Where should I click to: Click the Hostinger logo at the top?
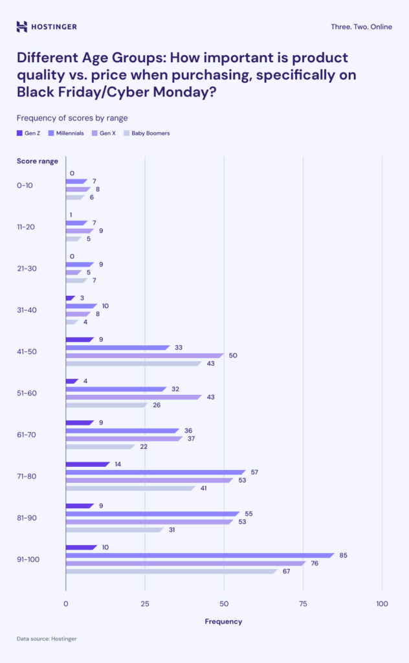pyautogui.click(x=47, y=27)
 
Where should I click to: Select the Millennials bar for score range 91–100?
pyautogui.click(x=199, y=555)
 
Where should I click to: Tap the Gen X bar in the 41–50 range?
pyautogui.click(x=144, y=355)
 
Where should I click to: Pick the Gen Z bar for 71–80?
pyautogui.click(x=87, y=464)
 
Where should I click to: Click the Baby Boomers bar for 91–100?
pyautogui.click(x=171, y=571)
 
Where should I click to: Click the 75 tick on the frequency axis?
pyautogui.click(x=303, y=603)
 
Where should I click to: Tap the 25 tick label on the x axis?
pyautogui.click(x=145, y=603)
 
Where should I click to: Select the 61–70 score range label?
pyautogui.click(x=27, y=434)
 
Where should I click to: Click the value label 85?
pyautogui.click(x=343, y=555)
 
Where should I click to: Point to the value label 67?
pyautogui.click(x=285, y=571)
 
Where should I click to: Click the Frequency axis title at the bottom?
pyautogui.click(x=223, y=622)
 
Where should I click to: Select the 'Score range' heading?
pyautogui.click(x=38, y=161)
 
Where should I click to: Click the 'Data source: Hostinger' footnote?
pyautogui.click(x=47, y=639)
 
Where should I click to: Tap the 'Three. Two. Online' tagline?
pyautogui.click(x=360, y=27)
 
